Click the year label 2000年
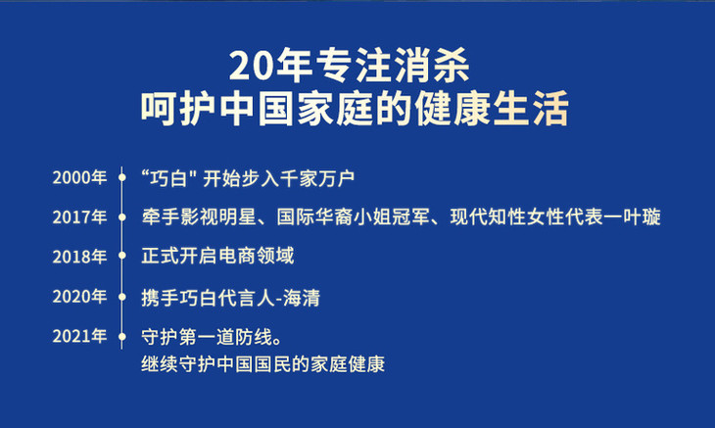79,177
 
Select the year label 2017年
79,217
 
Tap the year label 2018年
79,257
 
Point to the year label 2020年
79,297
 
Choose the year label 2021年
79,336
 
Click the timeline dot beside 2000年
121,177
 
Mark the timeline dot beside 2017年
121,217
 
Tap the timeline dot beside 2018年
121,256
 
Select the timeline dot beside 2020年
121,297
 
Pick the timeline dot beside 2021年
121,336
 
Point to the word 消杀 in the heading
432,66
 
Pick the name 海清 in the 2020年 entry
302,298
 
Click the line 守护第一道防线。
212,337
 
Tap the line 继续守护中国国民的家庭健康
263,364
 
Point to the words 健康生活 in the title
492,109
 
